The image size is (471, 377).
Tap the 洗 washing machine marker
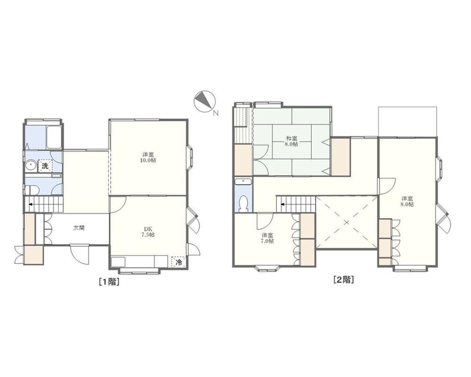[45, 166]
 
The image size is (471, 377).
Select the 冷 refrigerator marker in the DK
[179, 261]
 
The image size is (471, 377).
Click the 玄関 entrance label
[79, 228]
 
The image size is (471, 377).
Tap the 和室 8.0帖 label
[291, 142]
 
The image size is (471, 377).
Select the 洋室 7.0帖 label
[268, 238]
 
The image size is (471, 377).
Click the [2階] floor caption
[344, 279]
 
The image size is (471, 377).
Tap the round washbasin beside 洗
[31, 166]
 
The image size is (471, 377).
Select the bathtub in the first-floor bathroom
[53, 137]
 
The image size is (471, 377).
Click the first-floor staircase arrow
[31, 204]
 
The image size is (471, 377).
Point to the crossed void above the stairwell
[346, 222]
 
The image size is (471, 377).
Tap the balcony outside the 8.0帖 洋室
[407, 121]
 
